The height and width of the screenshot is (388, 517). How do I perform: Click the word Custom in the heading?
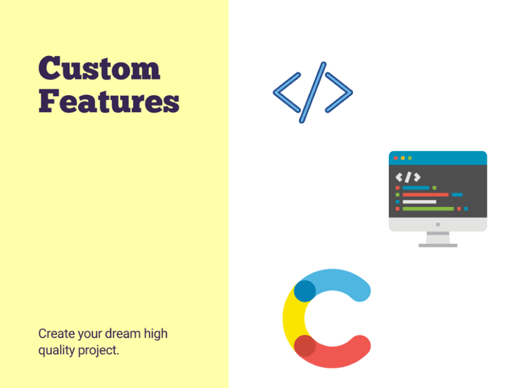tap(99, 68)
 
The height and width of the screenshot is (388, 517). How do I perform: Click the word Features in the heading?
tap(109, 101)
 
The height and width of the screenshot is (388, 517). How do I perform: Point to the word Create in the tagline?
tap(57, 333)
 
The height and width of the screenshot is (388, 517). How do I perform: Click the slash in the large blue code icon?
tap(313, 93)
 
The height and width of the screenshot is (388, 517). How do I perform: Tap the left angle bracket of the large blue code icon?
tap(287, 93)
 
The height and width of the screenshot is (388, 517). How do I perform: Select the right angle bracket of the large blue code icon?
tap(339, 93)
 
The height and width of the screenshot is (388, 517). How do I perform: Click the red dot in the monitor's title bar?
tap(396, 158)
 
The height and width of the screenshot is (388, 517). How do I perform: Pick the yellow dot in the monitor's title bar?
tap(403, 158)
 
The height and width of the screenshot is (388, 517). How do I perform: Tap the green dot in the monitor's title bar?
tap(410, 158)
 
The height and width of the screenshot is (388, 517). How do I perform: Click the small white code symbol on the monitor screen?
tap(408, 177)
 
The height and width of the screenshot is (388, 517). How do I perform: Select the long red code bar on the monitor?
tap(426, 195)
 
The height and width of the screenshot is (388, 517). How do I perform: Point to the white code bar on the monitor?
tap(419, 202)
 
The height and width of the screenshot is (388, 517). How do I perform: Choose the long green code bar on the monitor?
tap(428, 208)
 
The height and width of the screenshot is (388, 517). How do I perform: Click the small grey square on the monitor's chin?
tap(438, 224)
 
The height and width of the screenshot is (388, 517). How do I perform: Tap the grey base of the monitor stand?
tap(438, 245)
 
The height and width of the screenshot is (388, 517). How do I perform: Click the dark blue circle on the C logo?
tap(305, 291)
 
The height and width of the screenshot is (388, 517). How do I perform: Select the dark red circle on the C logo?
tap(305, 346)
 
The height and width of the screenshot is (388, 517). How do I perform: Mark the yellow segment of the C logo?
tap(294, 318)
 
